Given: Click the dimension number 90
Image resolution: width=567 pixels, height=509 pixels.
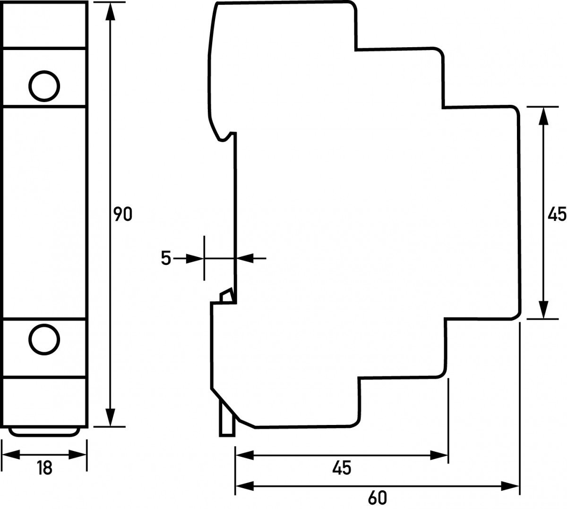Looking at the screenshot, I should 123,214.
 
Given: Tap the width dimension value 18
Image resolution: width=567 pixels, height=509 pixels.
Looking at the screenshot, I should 44,468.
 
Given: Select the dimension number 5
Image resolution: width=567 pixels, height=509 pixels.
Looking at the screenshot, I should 165,258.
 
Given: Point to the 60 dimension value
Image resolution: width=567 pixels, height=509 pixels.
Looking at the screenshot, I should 377,497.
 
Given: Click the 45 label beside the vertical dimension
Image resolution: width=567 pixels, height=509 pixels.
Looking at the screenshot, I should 556,214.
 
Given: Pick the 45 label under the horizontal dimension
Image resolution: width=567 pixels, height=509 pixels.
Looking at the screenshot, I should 341,468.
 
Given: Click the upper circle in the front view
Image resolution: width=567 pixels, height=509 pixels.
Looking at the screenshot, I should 44,85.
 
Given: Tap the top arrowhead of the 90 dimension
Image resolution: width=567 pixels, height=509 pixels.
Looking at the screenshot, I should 110,11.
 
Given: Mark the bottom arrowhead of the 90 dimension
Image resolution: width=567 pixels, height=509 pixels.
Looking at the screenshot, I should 110,417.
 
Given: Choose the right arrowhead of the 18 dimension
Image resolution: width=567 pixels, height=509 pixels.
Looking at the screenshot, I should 77,455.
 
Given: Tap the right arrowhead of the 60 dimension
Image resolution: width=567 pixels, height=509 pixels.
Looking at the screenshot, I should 510,485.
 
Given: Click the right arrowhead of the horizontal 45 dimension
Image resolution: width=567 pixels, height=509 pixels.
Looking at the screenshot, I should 439,455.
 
